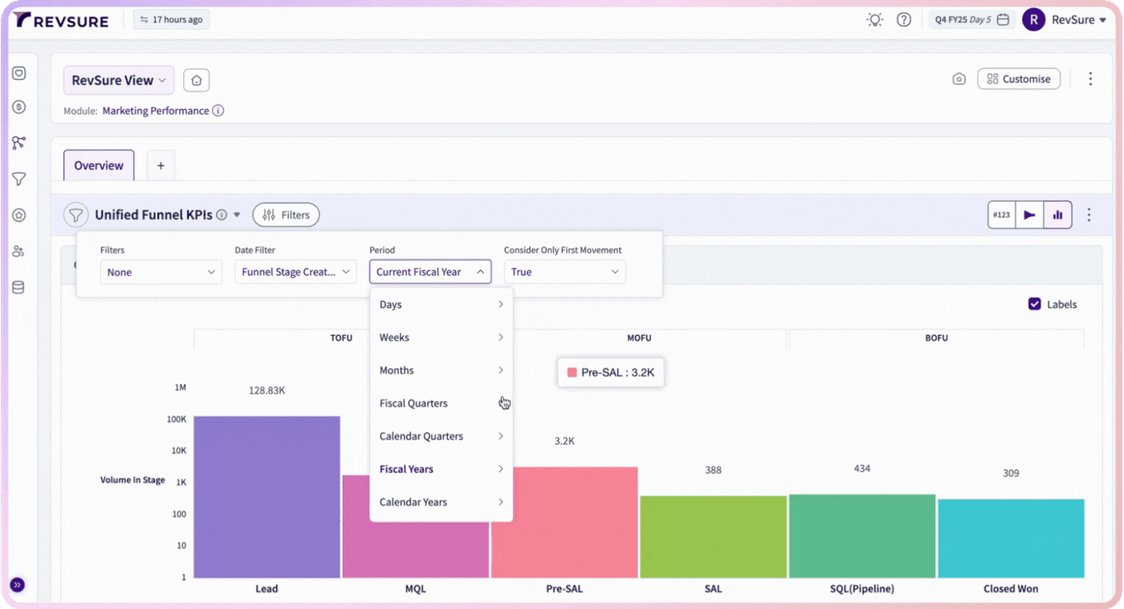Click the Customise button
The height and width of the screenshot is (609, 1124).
[x=1019, y=79]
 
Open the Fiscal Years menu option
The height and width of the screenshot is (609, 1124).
[x=441, y=469]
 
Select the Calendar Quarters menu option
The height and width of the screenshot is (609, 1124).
[x=441, y=435]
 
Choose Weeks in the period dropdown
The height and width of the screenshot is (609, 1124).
[x=441, y=337]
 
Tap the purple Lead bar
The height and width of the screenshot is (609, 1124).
[x=267, y=497]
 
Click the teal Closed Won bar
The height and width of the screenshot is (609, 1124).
[x=1011, y=538]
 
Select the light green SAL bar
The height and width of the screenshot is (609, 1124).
[x=713, y=537]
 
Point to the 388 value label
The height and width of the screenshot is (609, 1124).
[x=713, y=470]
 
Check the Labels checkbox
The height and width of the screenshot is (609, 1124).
[x=1034, y=304]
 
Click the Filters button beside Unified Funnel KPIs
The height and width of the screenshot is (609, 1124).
[x=286, y=215]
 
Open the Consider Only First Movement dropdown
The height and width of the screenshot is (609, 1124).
[x=564, y=272]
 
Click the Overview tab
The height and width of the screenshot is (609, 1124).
[x=99, y=166]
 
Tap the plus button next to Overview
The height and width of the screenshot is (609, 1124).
[x=161, y=166]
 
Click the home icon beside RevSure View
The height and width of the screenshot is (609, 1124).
[x=196, y=80]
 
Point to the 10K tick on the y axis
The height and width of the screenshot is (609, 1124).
[x=179, y=451]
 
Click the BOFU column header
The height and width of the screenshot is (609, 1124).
[x=936, y=338]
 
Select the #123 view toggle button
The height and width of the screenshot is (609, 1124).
[x=1002, y=215]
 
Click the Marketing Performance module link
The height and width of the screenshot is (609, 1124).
[x=156, y=110]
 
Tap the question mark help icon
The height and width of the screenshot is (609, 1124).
[x=904, y=19]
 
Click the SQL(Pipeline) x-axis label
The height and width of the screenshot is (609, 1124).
[x=861, y=588]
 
